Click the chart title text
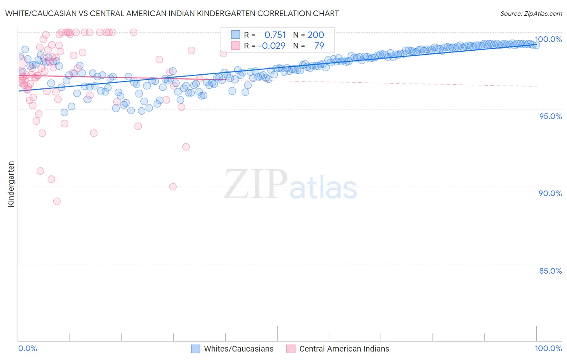[x=172, y=13]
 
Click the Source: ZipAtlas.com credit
[x=531, y=13]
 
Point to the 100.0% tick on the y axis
[x=548, y=39]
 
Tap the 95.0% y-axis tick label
[x=550, y=116]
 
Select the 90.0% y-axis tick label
[x=550, y=193]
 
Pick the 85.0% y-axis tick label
[x=550, y=271]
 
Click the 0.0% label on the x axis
[x=27, y=348]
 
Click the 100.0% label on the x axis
[x=548, y=348]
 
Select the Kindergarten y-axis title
[x=11, y=184]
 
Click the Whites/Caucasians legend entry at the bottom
[x=238, y=349]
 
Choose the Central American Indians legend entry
[x=344, y=349]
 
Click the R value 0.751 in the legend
[x=275, y=35]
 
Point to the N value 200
[x=316, y=35]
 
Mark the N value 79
[x=319, y=46]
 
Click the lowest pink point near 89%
[x=57, y=201]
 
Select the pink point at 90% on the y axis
[x=173, y=186]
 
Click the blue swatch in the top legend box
[x=236, y=35]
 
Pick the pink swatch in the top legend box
[x=236, y=46]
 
